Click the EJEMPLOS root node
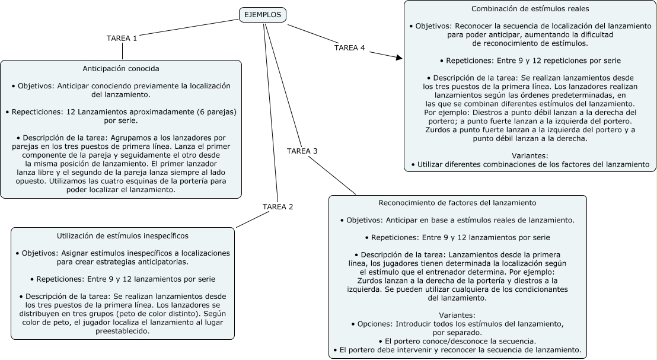(263, 15)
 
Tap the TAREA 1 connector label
(122, 38)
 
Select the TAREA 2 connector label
(278, 206)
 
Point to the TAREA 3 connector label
(302, 151)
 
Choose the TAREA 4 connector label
(349, 47)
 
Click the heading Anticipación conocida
(121, 68)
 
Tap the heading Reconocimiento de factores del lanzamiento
(457, 203)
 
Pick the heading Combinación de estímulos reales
(530, 9)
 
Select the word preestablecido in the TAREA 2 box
(122, 331)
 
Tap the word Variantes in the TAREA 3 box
(457, 314)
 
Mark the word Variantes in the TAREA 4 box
(530, 155)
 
